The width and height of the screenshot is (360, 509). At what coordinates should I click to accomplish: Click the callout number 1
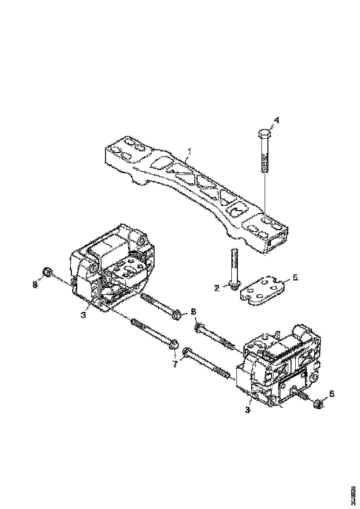189,151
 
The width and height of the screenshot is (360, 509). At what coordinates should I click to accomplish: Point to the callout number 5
295,279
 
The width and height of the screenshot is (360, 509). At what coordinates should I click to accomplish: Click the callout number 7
175,365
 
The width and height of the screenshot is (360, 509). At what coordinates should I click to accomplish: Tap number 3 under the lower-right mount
248,410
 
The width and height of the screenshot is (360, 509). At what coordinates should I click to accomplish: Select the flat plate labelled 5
261,290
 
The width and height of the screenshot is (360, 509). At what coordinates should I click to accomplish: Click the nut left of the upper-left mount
47,273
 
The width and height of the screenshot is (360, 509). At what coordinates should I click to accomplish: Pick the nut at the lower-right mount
317,404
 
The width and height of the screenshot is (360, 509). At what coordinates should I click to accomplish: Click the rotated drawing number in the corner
353,493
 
